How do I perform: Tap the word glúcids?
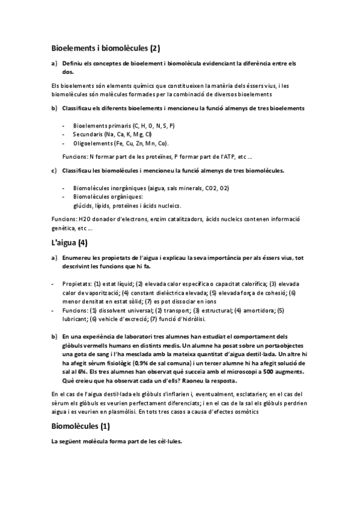[82, 204]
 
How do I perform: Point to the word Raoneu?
[197, 381]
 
